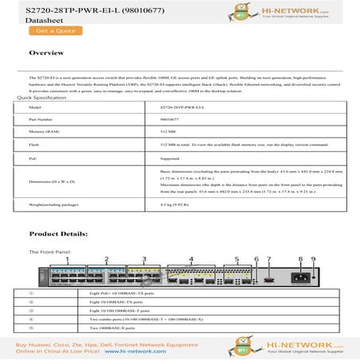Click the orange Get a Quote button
click(x=55, y=31)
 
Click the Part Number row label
click(x=41, y=118)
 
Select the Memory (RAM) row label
click(x=43, y=131)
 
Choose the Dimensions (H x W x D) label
click(x=52, y=181)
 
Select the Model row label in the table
click(x=34, y=106)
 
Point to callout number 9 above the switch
click(x=312, y=260)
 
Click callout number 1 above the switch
click(x=69, y=260)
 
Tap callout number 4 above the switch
click(x=192, y=260)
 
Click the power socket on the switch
click(x=303, y=279)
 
